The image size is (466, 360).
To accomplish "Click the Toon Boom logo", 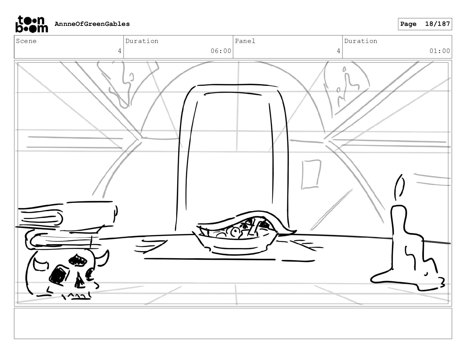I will (x=31, y=24).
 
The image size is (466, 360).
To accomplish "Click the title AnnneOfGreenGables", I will (x=92, y=24).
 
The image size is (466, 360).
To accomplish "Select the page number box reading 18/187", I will (x=425, y=24).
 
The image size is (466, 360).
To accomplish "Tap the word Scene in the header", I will (x=26, y=41).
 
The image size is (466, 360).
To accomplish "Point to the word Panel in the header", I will (x=245, y=41).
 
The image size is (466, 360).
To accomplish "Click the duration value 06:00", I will (x=221, y=51).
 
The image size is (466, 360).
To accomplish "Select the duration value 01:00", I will (x=440, y=51).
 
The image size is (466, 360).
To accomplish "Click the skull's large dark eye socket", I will (x=57, y=276).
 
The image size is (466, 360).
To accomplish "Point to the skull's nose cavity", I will (x=79, y=281).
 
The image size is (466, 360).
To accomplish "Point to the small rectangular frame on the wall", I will (x=311, y=174).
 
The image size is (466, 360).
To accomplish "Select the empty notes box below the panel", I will (x=233, y=323).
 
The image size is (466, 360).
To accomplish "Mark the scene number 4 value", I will (x=119, y=51).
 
